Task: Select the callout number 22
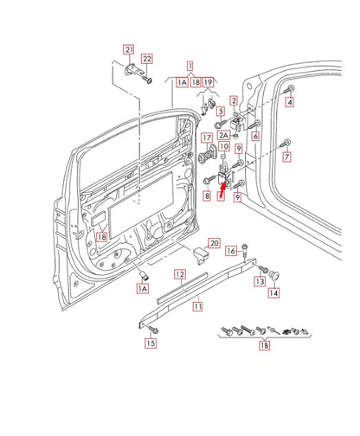click(x=147, y=59)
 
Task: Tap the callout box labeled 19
click(x=208, y=82)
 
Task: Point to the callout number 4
click(x=290, y=102)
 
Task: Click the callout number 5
click(x=222, y=112)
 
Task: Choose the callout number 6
click(x=256, y=136)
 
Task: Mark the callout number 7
click(x=287, y=157)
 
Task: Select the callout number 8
click(x=207, y=196)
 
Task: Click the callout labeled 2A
click(x=223, y=136)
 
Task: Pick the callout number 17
click(x=208, y=138)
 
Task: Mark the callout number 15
click(x=150, y=343)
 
